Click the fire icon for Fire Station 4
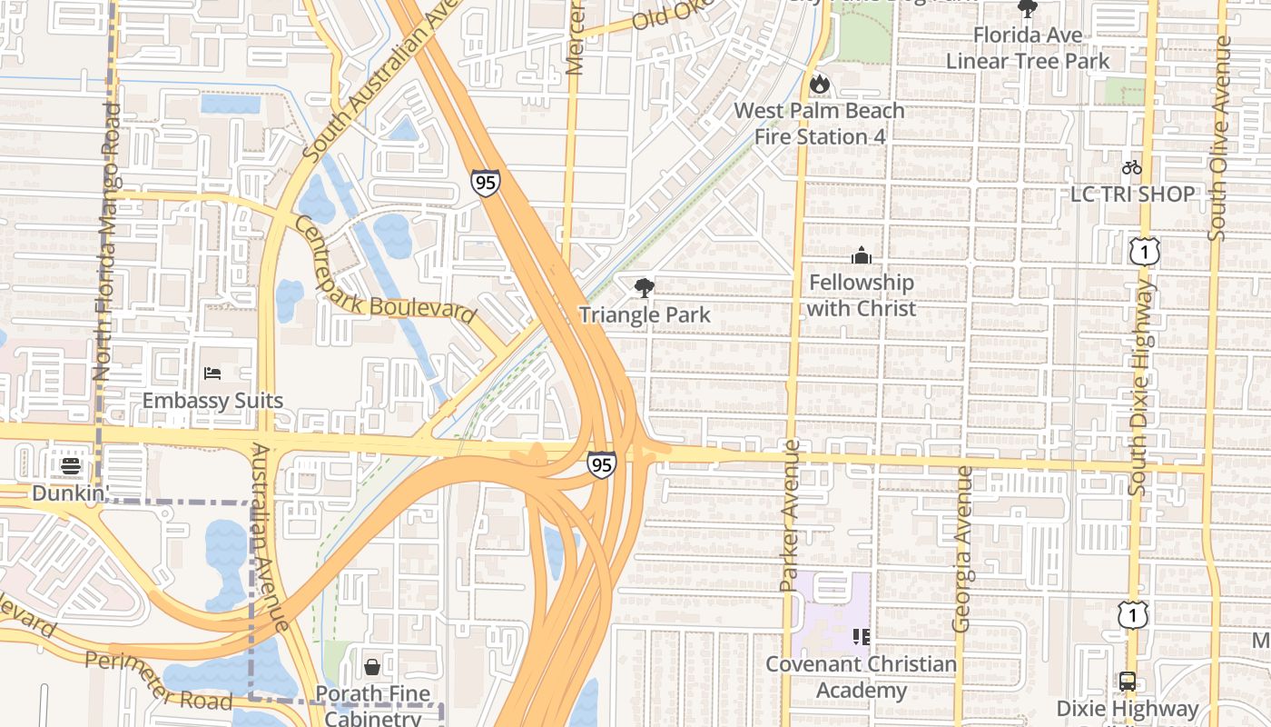[820, 85]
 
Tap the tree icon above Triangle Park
[645, 289]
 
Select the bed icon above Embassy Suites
[213, 373]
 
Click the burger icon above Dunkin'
[71, 466]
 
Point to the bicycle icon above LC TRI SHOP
[1131, 167]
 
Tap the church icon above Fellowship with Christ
[862, 255]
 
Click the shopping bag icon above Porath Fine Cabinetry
[372, 667]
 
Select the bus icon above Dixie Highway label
[1127, 681]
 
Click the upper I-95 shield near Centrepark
[485, 182]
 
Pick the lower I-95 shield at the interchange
[601, 464]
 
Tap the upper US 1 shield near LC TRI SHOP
[1145, 251]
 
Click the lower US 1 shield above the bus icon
[1132, 615]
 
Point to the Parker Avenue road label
[790, 515]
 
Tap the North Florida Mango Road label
[106, 241]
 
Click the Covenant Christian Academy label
[861, 677]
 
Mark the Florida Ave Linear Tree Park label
[1028, 48]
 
